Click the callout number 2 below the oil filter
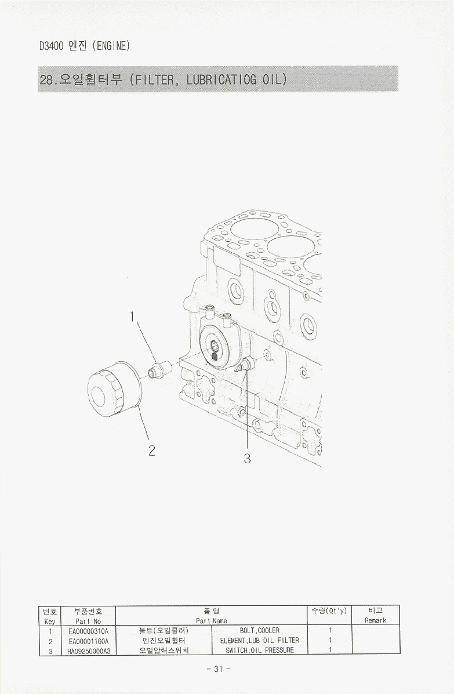(152, 450)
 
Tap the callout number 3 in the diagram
(247, 459)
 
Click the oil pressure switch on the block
(245, 365)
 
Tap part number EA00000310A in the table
(89, 630)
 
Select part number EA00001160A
(89, 641)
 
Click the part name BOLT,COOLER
(259, 630)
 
